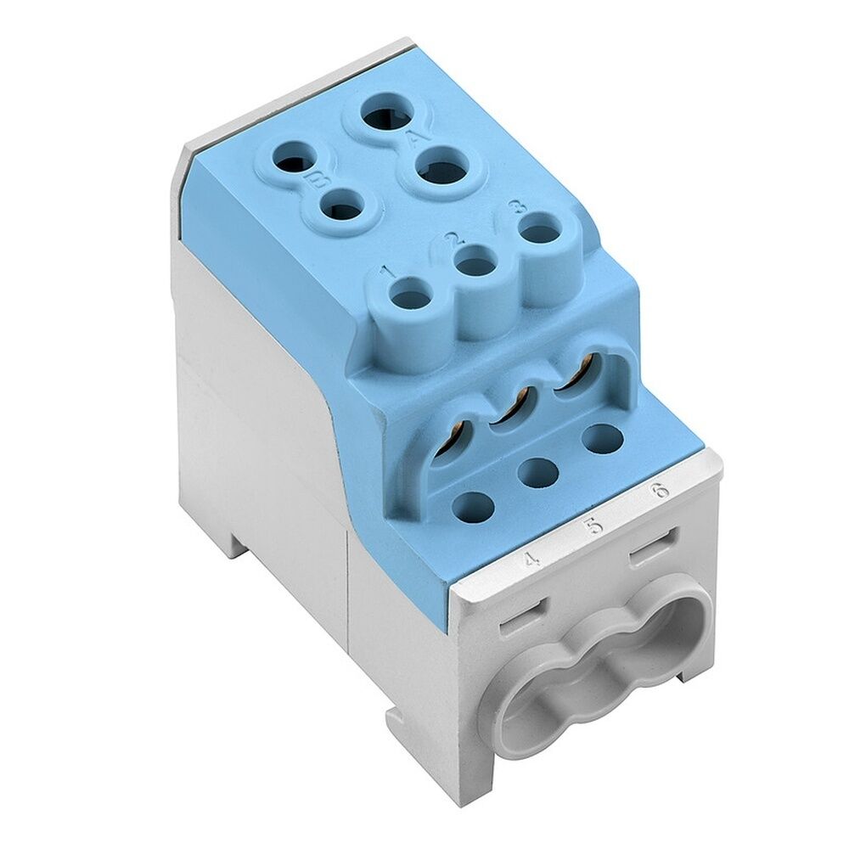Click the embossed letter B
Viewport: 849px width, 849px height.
coord(319,180)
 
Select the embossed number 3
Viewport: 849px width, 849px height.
coord(514,206)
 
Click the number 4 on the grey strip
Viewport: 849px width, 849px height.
coord(532,559)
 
